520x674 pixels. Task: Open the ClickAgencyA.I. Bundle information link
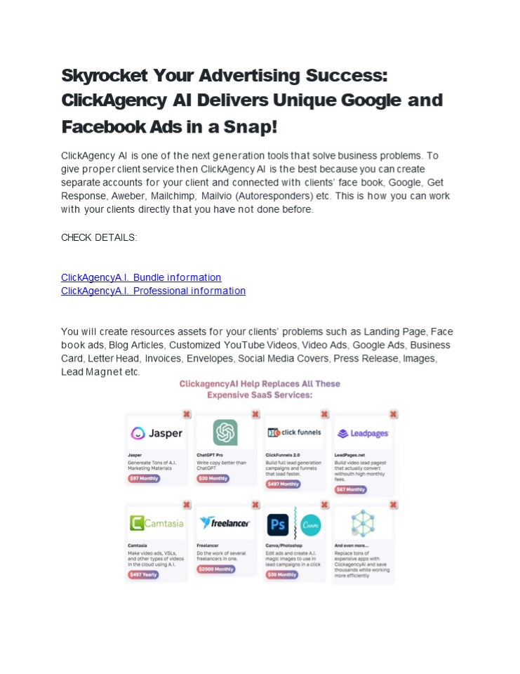point(141,277)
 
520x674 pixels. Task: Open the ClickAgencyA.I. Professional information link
point(153,291)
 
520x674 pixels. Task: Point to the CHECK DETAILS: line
point(99,237)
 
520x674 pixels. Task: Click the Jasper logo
point(156,433)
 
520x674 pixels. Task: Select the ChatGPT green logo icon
point(225,432)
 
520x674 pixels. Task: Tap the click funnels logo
point(294,432)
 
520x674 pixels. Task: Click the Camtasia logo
point(156,523)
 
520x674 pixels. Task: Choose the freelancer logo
point(225,523)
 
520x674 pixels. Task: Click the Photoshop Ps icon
point(279,524)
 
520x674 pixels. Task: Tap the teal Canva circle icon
point(310,524)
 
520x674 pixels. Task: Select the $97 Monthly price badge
point(144,478)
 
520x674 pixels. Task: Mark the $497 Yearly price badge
point(143,574)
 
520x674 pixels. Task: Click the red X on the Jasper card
point(187,414)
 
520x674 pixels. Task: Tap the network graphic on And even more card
point(363,523)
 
